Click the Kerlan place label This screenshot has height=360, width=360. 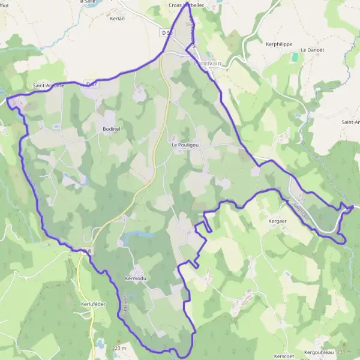pyautogui.click(x=118, y=19)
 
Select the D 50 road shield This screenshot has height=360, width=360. pyautogui.click(x=167, y=32)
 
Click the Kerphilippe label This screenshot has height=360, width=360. pyautogui.click(x=278, y=44)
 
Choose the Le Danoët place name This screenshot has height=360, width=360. pyautogui.click(x=312, y=49)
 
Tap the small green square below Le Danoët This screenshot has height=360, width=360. pyautogui.click(x=295, y=58)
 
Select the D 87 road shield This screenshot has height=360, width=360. pyautogui.click(x=91, y=85)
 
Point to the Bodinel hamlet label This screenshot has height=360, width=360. pyautogui.click(x=112, y=128)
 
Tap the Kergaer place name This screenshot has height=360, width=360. pyautogui.click(x=278, y=221)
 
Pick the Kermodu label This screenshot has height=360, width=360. pyautogui.click(x=136, y=278)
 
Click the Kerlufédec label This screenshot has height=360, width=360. pyautogui.click(x=93, y=304)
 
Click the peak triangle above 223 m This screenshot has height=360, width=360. pyautogui.click(x=118, y=340)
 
